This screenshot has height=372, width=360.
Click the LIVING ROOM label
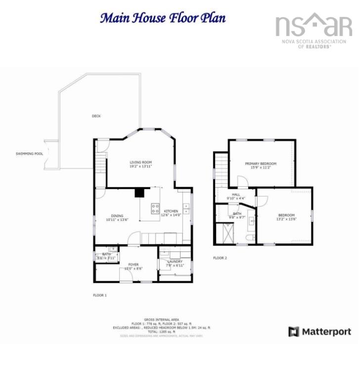140,162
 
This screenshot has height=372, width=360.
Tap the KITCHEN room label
172,211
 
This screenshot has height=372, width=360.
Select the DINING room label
117,216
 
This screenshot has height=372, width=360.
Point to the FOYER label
134,264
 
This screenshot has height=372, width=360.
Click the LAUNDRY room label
175,261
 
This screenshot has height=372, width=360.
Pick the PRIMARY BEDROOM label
261,164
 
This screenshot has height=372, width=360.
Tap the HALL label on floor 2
236,195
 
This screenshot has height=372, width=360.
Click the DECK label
96,116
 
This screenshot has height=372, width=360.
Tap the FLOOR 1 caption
100,295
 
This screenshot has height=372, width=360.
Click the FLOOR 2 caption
220,258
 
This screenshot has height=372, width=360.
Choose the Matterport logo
320,331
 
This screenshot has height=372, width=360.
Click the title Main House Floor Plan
163,18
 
